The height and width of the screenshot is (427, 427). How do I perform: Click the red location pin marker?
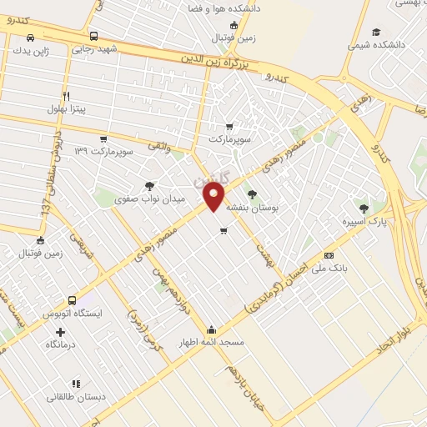214,196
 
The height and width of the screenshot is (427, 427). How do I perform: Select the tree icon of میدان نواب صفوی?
149,187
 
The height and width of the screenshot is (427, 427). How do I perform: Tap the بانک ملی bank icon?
329,255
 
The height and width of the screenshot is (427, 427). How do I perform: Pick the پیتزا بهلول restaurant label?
65,108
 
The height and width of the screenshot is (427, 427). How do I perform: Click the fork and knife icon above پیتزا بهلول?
66,95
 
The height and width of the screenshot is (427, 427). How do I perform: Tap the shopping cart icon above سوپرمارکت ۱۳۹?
103,138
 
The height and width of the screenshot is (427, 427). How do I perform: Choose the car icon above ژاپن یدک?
31,38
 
